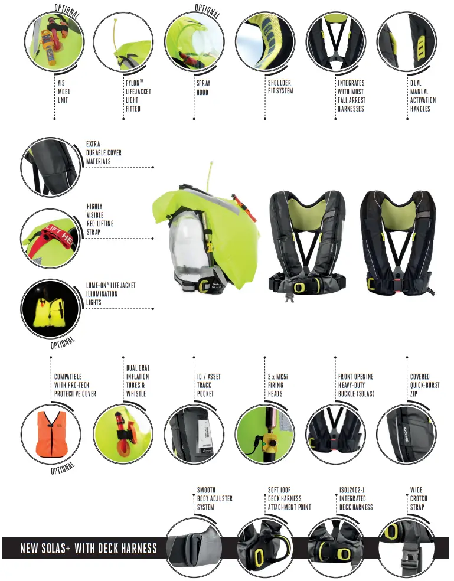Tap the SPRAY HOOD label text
point(203,87)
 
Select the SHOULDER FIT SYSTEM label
point(280,87)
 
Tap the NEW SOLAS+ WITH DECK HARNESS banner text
point(89,548)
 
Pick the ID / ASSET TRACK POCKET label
point(209,385)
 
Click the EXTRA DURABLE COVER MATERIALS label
point(104,152)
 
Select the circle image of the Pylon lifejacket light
point(123,42)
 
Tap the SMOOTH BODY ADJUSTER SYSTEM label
point(214,498)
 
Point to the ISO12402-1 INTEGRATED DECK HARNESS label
point(356,498)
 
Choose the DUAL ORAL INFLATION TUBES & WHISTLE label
point(138,381)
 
